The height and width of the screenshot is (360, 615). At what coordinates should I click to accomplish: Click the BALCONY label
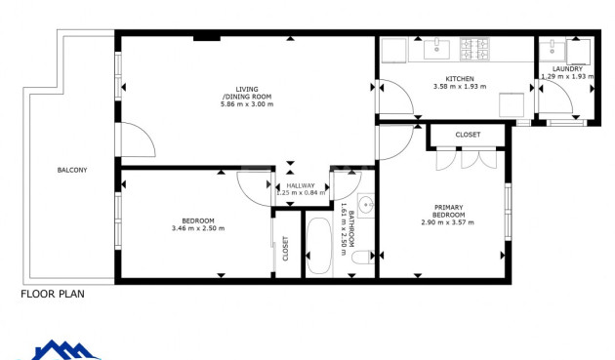(71, 170)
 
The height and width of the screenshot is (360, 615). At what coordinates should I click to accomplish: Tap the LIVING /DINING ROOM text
(246, 93)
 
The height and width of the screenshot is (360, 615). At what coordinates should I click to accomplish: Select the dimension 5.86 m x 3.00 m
(246, 104)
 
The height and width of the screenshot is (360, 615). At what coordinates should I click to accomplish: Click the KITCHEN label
(460, 78)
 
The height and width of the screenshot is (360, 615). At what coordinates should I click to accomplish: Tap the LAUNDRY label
(567, 68)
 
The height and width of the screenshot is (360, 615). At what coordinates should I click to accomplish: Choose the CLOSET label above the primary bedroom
(468, 134)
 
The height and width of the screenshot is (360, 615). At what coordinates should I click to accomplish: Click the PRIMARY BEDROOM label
(448, 211)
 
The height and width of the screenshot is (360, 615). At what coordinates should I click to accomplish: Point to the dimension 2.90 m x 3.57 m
(448, 222)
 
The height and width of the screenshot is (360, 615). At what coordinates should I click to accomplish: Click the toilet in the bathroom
(361, 258)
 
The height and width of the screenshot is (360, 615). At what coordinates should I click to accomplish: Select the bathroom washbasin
(365, 205)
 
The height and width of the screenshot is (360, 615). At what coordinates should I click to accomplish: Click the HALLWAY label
(300, 185)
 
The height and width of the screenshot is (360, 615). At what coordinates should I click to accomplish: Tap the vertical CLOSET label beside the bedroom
(286, 249)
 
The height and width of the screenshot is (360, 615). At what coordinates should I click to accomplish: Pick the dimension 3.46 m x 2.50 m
(198, 228)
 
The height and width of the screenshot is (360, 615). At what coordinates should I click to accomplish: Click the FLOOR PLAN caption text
(53, 293)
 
